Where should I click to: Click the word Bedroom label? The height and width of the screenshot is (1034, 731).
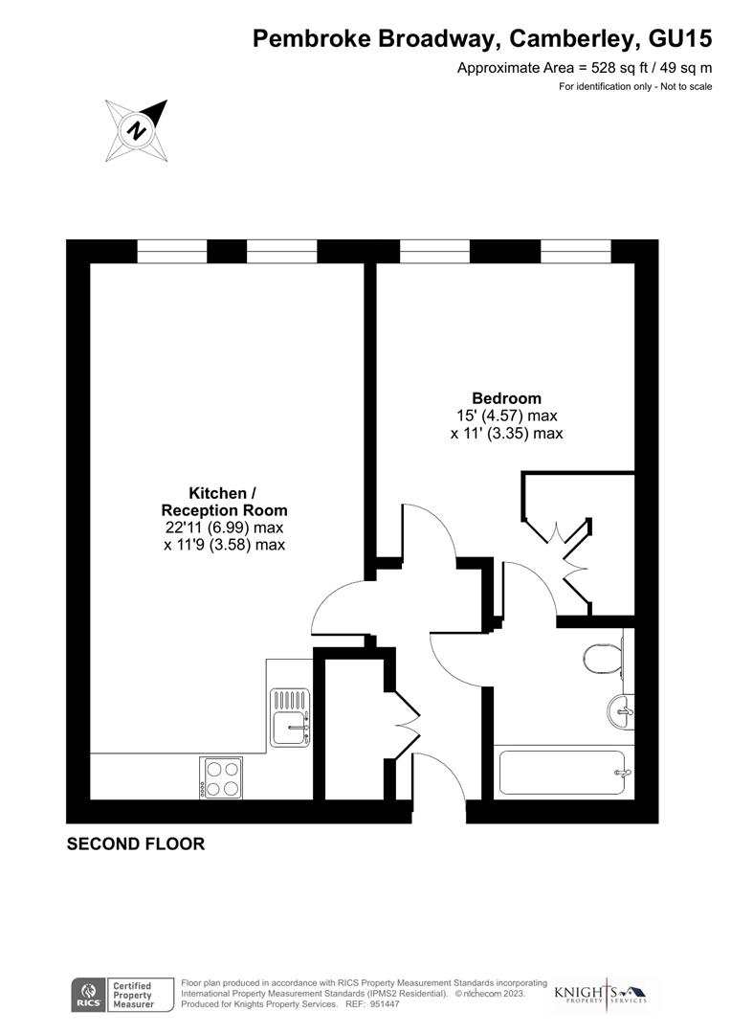(506, 398)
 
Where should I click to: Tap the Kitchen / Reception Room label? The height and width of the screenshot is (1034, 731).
(224, 502)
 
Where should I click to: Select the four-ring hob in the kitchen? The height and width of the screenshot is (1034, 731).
(221, 776)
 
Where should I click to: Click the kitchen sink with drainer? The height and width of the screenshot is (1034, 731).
(291, 717)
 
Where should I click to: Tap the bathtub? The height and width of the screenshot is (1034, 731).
(563, 772)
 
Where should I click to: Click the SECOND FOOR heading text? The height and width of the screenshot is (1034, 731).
(135, 844)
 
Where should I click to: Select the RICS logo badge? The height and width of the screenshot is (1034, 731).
(88, 995)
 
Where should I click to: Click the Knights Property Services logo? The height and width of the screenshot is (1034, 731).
(601, 994)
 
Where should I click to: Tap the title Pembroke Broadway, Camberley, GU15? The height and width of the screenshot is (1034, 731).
(482, 39)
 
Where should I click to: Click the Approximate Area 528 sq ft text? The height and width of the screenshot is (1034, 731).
(585, 68)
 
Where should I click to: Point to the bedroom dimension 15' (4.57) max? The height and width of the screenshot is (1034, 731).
(506, 416)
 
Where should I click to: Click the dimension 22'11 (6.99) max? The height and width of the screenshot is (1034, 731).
(224, 528)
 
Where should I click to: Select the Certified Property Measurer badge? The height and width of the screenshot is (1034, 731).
(133, 995)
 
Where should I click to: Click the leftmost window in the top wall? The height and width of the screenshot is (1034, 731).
(172, 251)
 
